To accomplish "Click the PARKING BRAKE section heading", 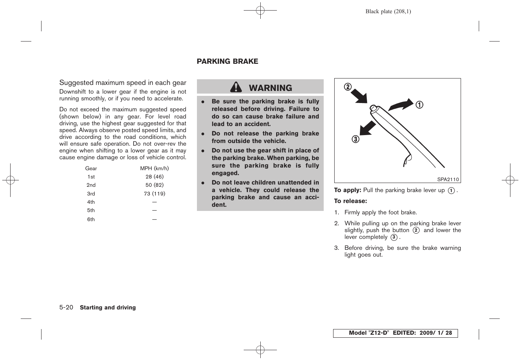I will pos(227,62).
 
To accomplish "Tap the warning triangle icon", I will pos(236,88).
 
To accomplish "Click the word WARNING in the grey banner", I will pos(270,88).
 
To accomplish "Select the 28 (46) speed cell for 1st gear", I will pos(154,177).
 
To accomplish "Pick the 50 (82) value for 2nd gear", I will pos(154,185).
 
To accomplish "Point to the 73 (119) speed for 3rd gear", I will pos(154,194).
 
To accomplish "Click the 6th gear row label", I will pos(91,219).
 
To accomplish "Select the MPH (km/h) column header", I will pos(154,168).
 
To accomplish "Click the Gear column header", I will pos(91,168).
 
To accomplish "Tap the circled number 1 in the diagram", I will pos(419,105).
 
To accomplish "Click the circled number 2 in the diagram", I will pos(347,87).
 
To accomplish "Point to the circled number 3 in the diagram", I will pos(355,139).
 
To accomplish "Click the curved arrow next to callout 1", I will pos(401,105).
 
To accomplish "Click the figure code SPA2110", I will pos(448,180).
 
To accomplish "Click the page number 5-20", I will pos(66,307).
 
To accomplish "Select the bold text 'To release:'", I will pos(350,201).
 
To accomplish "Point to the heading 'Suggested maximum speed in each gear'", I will pos(123,83).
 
